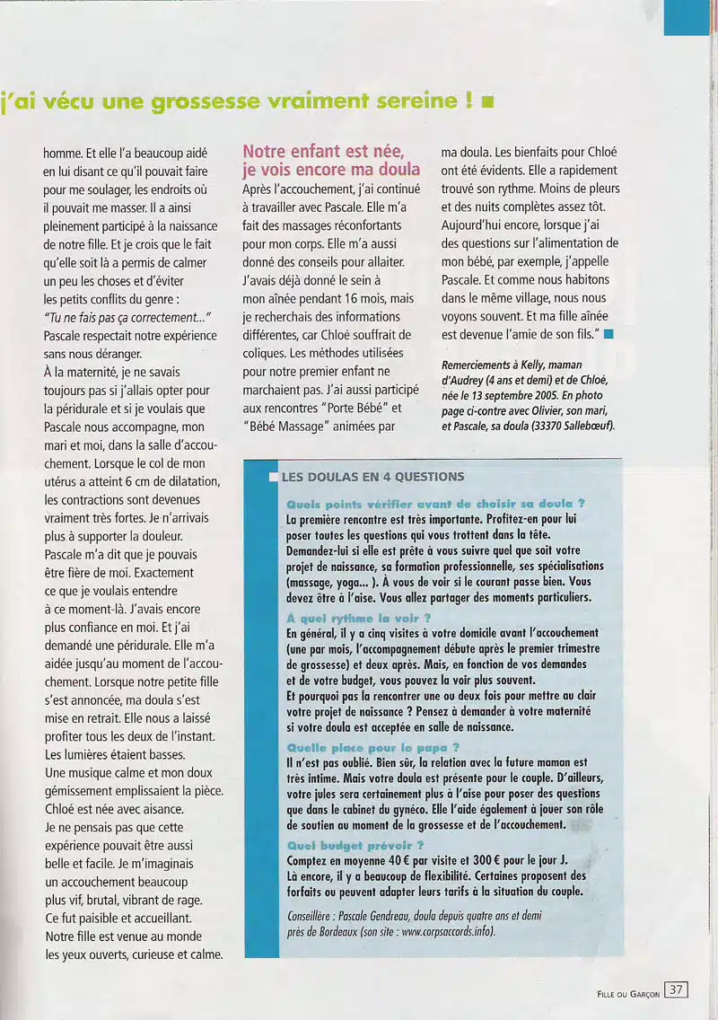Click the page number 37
[676, 990]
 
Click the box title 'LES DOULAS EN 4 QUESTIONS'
[372, 477]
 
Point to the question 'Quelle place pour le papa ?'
[372, 746]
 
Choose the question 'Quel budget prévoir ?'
[355, 845]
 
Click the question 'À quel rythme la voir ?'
[358, 618]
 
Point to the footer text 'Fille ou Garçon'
[628, 992]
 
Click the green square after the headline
[488, 102]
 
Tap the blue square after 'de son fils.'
[609, 335]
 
